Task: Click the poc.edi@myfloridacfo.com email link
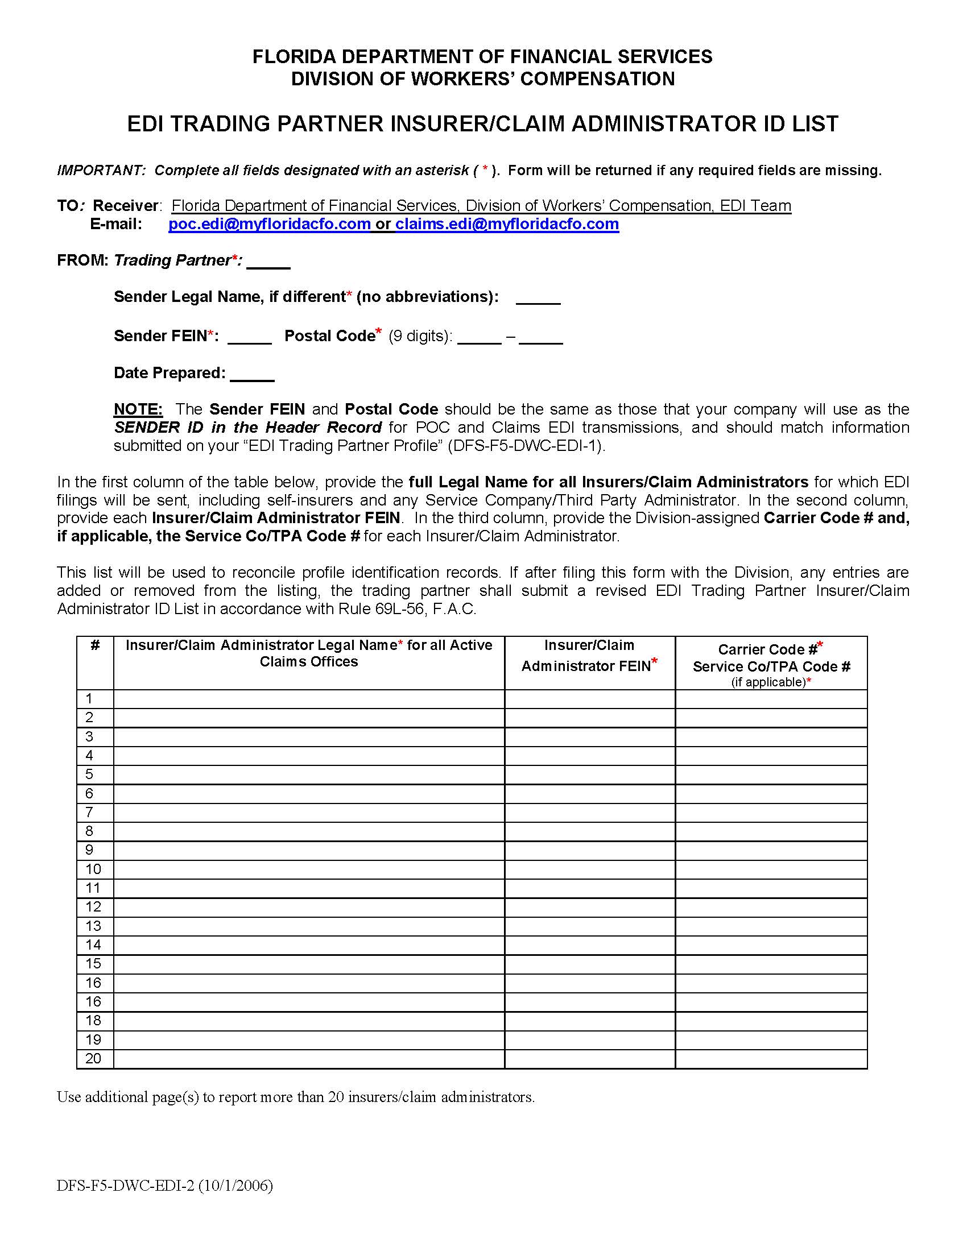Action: pos(269,224)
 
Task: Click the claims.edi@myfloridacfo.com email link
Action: pos(506,224)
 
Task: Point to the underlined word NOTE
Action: pos(138,409)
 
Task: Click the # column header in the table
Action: pos(95,645)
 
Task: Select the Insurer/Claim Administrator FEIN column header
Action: pos(589,655)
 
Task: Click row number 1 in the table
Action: pos(89,698)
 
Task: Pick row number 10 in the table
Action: pos(93,869)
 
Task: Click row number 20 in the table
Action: pos(93,1059)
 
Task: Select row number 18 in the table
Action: pos(93,1021)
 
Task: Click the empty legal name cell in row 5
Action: pos(309,774)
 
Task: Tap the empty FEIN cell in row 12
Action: pos(589,907)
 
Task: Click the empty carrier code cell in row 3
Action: pos(771,736)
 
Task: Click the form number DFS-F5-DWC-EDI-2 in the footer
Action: pos(126,1186)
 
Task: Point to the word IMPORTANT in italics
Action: pos(101,171)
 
